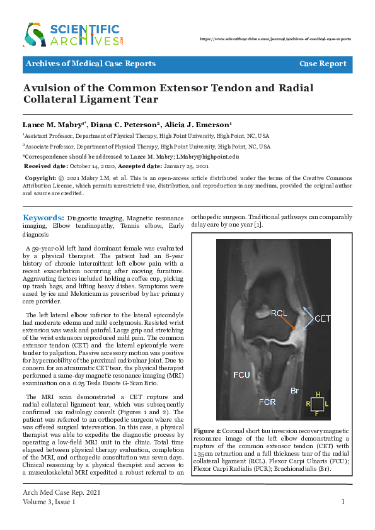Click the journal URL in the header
click(x=275, y=38)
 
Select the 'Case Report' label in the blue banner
click(x=323, y=64)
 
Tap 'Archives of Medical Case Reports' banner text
click(x=90, y=64)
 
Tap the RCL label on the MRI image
click(x=280, y=313)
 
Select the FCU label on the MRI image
click(x=241, y=375)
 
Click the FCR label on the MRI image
click(x=266, y=401)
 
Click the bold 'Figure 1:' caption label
click(x=208, y=431)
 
